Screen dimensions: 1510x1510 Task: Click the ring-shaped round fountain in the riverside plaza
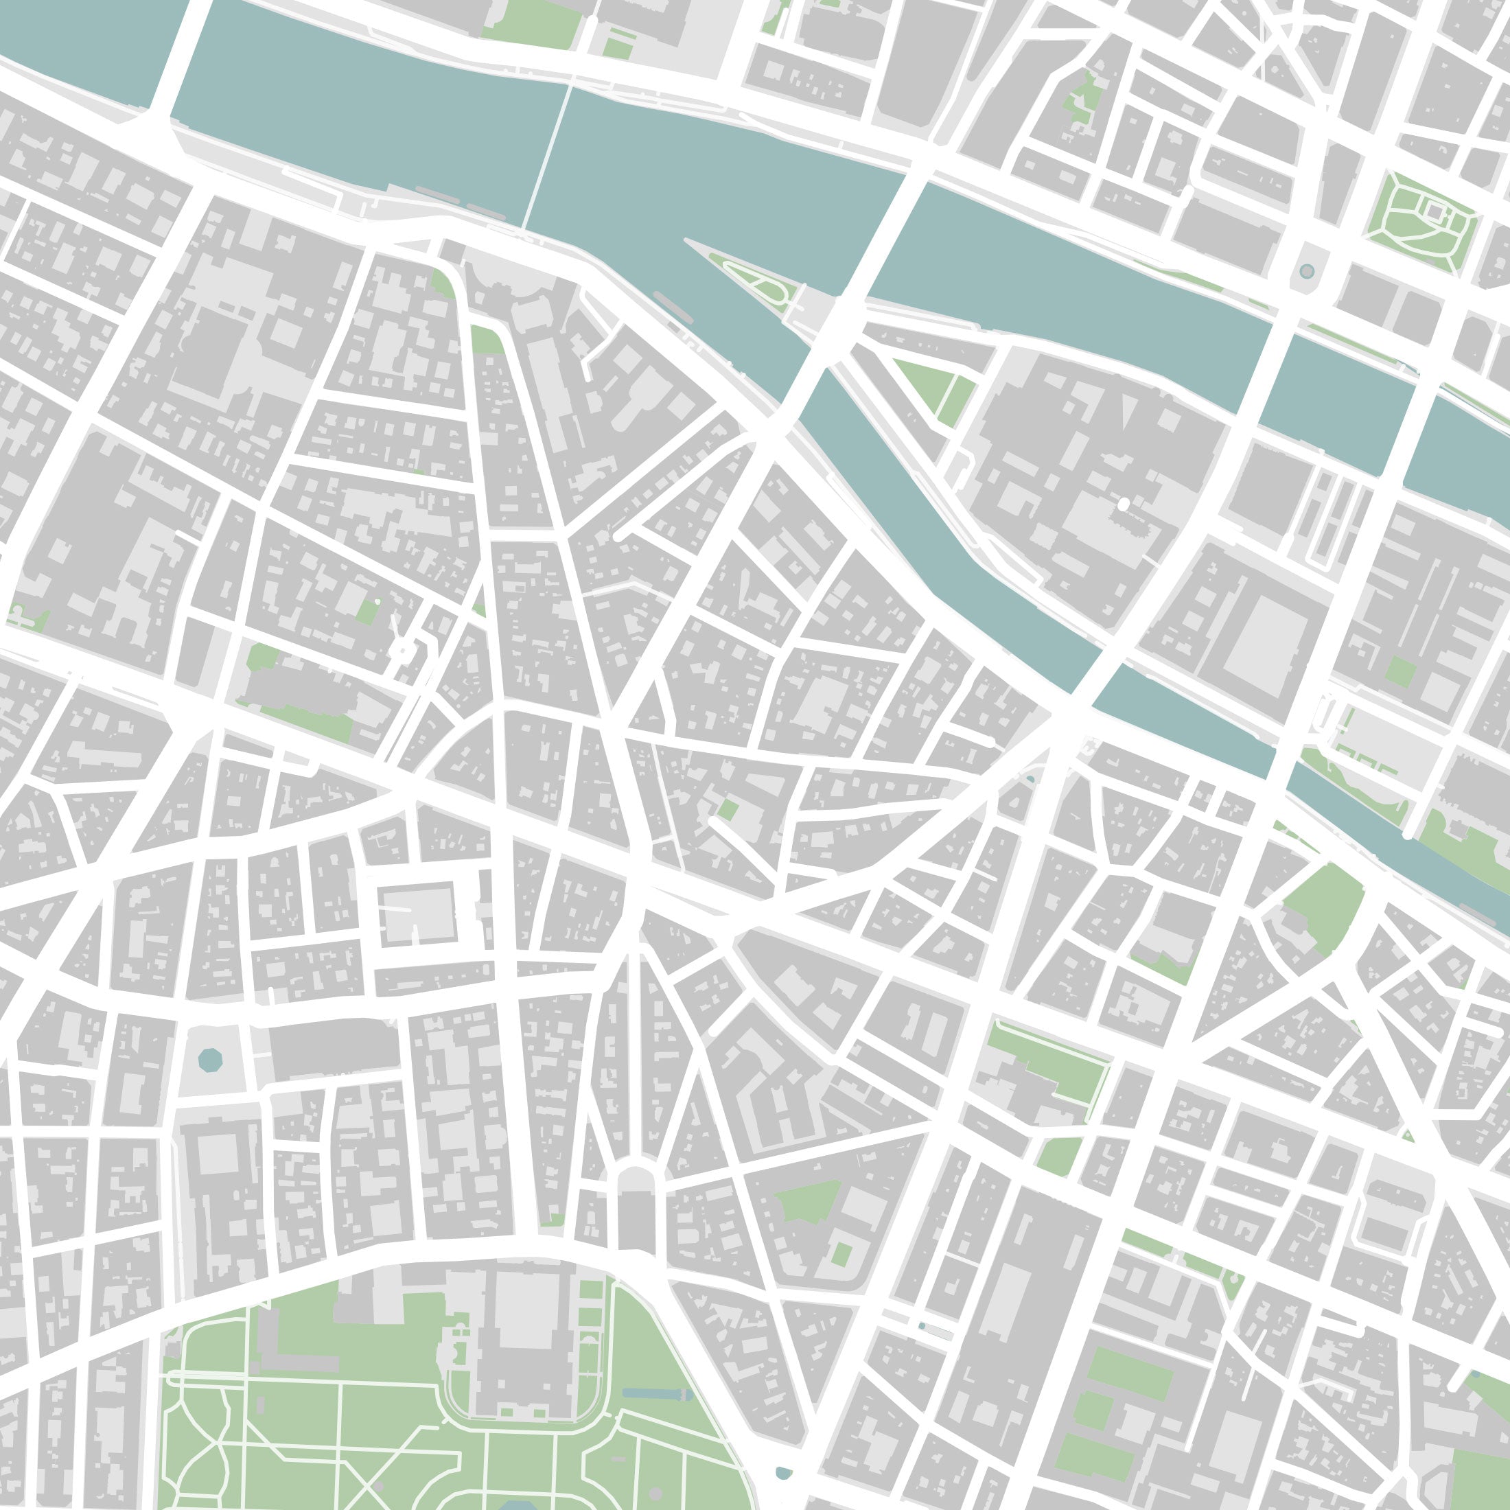tap(1307, 272)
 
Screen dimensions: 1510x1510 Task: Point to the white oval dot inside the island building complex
tap(1124, 505)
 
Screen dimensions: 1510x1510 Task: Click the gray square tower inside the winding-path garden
tap(1435, 211)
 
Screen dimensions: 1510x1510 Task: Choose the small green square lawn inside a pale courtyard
tap(841, 1254)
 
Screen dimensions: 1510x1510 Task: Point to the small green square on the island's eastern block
tap(1399, 672)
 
